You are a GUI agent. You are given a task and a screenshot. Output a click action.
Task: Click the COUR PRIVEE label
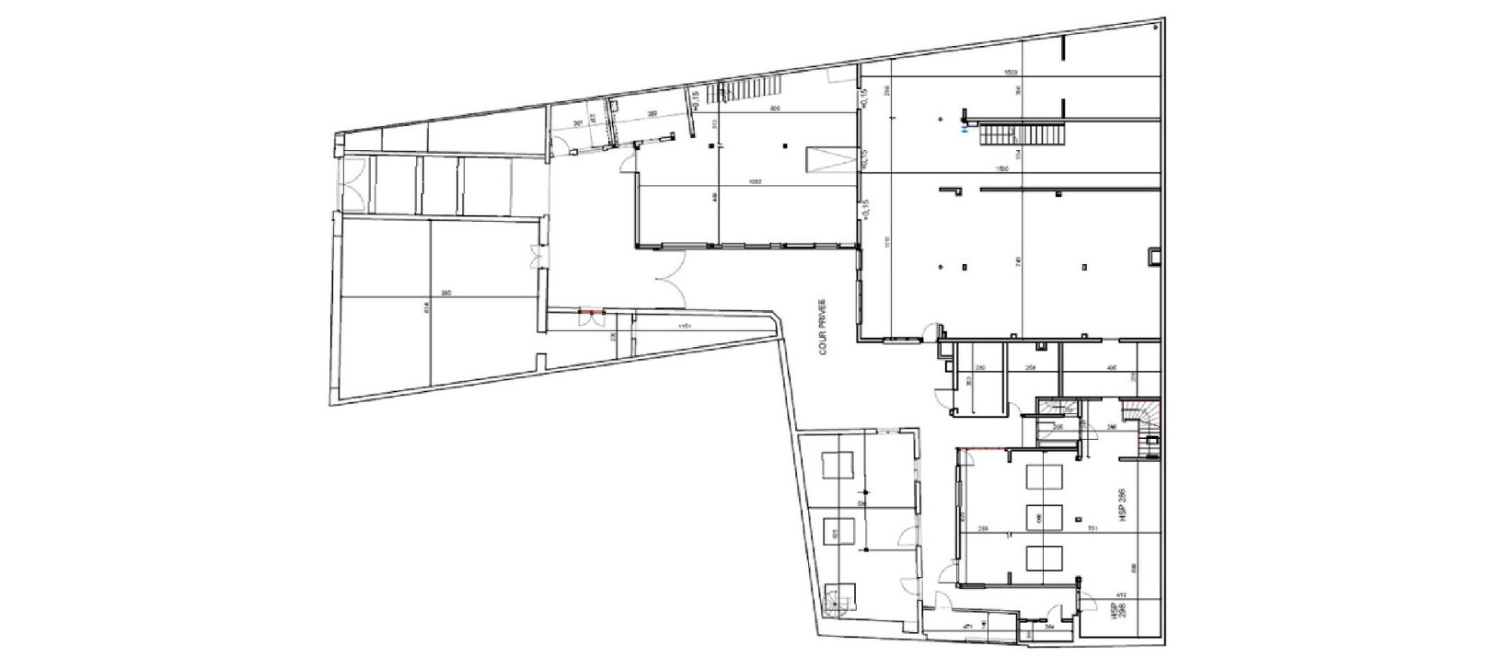[823, 326]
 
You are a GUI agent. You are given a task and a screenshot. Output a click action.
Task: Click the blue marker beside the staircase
[964, 131]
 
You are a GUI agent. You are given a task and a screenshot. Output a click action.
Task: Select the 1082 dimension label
[754, 180]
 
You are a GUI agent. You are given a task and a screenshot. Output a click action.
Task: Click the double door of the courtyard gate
[669, 277]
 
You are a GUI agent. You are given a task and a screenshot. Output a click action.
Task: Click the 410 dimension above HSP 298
[1121, 594]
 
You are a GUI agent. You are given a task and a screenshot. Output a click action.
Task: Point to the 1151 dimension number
[683, 327]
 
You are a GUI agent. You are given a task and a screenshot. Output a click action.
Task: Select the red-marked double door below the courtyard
[590, 315]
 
